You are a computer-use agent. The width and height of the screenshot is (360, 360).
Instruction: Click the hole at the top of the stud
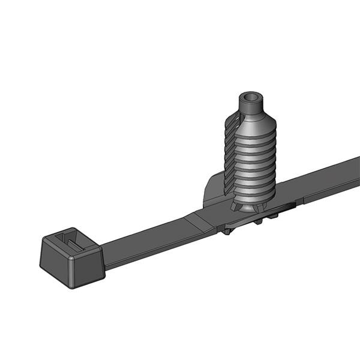[x=250, y=97]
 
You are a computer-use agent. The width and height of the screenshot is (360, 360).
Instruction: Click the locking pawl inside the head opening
[x=72, y=244]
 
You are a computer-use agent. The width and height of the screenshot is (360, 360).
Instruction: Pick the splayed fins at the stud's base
[x=249, y=207]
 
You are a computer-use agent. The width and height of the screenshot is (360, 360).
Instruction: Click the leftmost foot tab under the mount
[x=228, y=230]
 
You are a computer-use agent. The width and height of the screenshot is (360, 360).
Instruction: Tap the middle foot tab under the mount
[x=258, y=221]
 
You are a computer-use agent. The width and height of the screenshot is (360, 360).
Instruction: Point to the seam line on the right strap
[x=303, y=196]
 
